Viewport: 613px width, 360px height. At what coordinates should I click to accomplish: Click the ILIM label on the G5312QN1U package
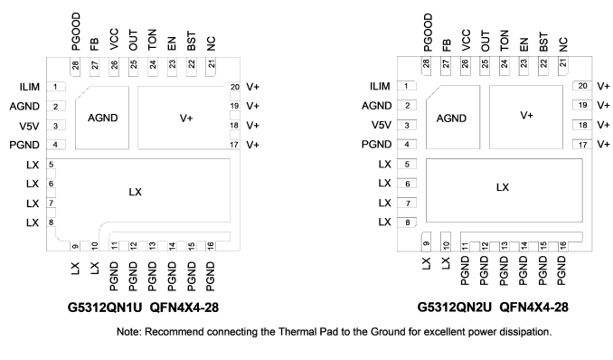tap(30, 87)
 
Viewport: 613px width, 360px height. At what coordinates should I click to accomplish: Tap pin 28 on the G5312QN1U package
tap(75, 66)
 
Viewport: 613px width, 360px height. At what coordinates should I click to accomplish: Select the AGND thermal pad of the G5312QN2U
tap(453, 118)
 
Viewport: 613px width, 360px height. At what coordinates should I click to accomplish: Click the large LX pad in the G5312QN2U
tap(504, 190)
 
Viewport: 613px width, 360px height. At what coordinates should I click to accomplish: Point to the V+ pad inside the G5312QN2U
tap(526, 118)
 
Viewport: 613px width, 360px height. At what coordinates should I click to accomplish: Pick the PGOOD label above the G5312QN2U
tap(428, 32)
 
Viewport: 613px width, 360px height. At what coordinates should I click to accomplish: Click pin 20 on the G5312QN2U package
tap(582, 86)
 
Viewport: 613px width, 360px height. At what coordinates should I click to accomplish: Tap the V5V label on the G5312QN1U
tap(29, 126)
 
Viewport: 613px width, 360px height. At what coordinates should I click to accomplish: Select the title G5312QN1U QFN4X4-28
tap(143, 308)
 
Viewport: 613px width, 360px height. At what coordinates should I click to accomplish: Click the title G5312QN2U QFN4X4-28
tap(493, 308)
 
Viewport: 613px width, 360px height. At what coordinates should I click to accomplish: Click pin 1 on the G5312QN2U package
tap(407, 86)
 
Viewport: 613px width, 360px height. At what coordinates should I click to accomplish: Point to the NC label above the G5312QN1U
tap(211, 43)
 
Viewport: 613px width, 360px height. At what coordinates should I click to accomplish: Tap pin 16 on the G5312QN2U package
tap(563, 246)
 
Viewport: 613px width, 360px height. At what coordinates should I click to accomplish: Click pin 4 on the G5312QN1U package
tap(55, 145)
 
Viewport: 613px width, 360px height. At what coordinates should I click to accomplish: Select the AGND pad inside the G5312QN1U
tap(102, 118)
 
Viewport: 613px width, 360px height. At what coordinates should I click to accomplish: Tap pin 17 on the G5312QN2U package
tap(582, 145)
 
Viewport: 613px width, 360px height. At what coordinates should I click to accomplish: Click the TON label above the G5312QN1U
tap(152, 40)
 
